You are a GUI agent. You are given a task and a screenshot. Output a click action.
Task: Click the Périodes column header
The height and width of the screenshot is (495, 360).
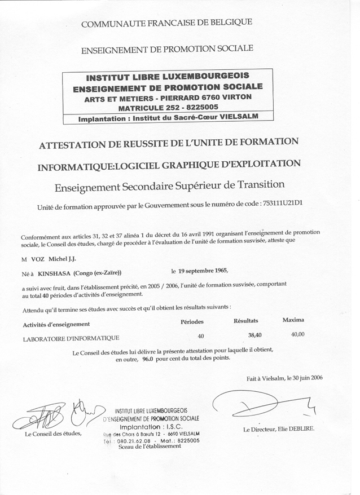pyautogui.click(x=191, y=321)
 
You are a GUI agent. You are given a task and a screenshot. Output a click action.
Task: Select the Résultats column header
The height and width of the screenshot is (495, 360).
pyautogui.click(x=245, y=320)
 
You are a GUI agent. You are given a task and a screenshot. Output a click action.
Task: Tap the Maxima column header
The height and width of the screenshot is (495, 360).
pyautogui.click(x=292, y=320)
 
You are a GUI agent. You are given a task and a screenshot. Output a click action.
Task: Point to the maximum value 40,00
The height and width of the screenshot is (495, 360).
pyautogui.click(x=297, y=334)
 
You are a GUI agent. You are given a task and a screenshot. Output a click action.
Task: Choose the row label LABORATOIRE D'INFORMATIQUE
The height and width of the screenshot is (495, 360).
pyautogui.click(x=71, y=338)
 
